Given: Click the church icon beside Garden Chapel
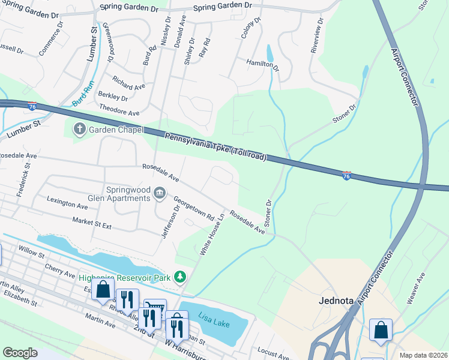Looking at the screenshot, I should click(79, 128).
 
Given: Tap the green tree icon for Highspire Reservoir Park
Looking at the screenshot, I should click(179, 277).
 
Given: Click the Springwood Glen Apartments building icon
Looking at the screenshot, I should click(160, 193).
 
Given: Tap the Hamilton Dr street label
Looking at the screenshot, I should click(263, 65).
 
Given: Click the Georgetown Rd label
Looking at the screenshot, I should click(194, 208).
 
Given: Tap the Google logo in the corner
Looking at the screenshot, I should click(20, 352).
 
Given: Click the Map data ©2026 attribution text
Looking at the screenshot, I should click(423, 355).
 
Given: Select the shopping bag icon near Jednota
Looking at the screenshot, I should click(381, 329).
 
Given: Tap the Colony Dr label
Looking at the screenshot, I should click(250, 28).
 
